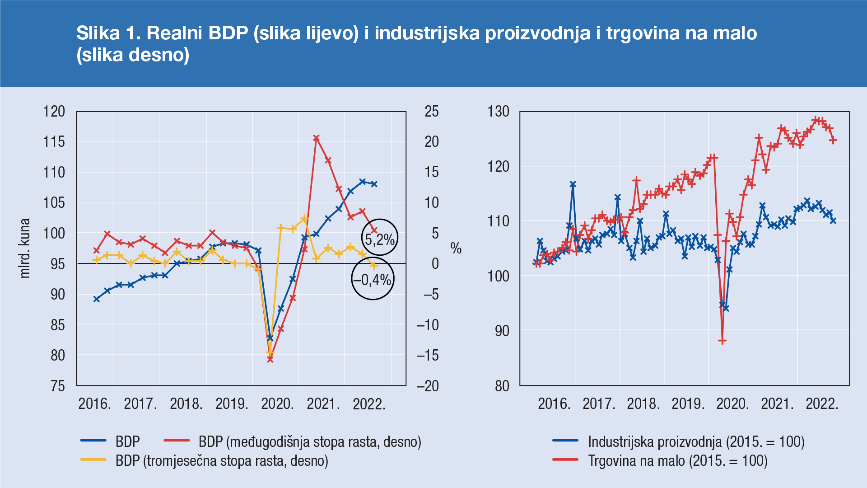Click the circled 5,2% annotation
tap(379, 238)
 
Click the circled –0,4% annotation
tap(373, 280)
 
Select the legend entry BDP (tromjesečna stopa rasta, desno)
tap(222, 460)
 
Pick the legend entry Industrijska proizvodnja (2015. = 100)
tap(696, 441)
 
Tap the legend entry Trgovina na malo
tap(677, 460)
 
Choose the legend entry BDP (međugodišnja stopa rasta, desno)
tap(310, 441)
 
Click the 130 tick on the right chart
tap(498, 112)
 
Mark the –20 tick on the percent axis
tap(428, 386)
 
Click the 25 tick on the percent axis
tap(432, 112)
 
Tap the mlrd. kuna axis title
tap(25, 248)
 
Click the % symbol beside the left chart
tap(456, 248)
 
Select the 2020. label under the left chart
tap(277, 404)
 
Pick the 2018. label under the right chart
tap(643, 404)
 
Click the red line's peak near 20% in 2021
tap(316, 138)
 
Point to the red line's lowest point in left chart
tap(270, 359)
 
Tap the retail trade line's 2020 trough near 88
tap(722, 341)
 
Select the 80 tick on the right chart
tap(502, 386)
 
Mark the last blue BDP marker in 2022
tap(374, 184)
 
